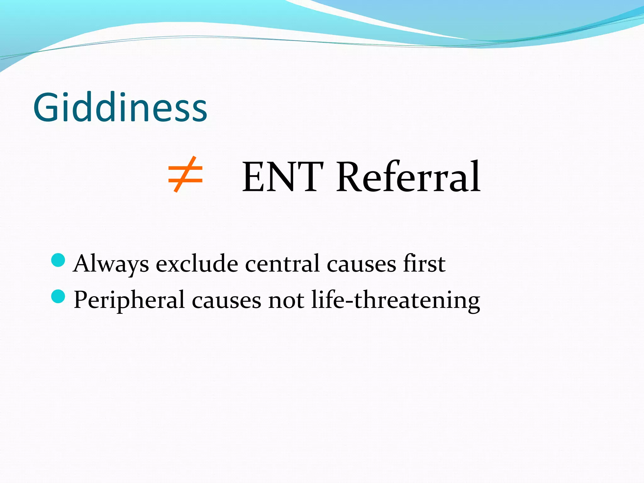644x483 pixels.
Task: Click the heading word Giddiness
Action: [x=120, y=108]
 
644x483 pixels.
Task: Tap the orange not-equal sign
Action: [x=185, y=175]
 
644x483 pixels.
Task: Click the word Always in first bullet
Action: [x=111, y=264]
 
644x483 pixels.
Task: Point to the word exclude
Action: [x=197, y=264]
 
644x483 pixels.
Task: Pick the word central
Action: [x=282, y=264]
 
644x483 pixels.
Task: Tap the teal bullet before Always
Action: [x=58, y=260]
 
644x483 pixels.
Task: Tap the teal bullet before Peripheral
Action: [x=58, y=296]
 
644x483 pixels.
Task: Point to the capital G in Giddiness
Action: [x=46, y=108]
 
